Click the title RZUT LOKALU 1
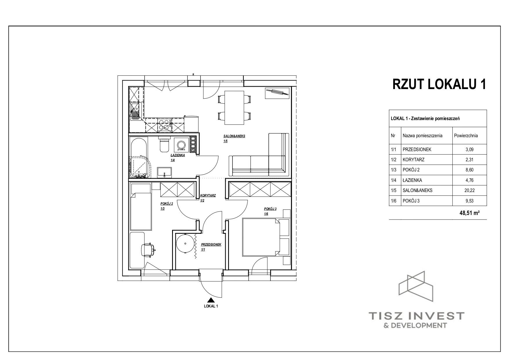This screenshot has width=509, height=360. point(439,84)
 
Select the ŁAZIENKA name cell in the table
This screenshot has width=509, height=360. point(427,180)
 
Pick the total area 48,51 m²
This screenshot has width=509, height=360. point(469,213)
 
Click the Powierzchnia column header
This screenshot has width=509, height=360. point(466,135)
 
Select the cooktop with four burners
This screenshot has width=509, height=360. point(164,125)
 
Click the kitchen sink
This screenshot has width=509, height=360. point(136,112)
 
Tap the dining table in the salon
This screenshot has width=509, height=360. point(234,107)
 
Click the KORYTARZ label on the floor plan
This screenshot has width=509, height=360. point(208,196)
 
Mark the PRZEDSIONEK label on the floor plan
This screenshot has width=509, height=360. point(211,245)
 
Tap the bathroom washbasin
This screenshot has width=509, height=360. point(165,172)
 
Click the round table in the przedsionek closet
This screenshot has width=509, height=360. point(185,244)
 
